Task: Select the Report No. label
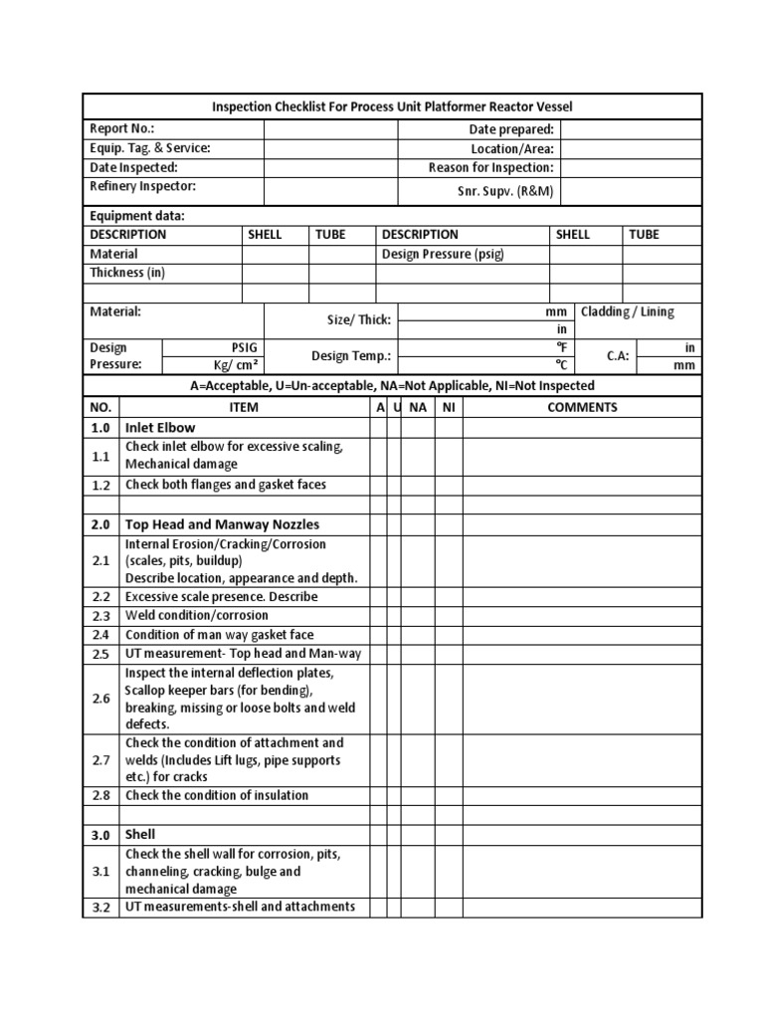coord(122,129)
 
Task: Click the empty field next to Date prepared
coord(631,129)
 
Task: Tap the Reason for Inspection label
coord(490,168)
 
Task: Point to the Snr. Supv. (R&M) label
coord(506,191)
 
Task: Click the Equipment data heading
coord(137,216)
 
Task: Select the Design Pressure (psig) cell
coord(444,254)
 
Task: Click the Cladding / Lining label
coord(627,311)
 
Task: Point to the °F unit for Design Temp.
coord(561,347)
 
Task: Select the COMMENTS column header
coord(582,407)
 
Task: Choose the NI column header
coord(448,407)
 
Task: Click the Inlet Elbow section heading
coord(160,428)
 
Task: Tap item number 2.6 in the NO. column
coord(100,699)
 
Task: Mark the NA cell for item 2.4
coord(418,635)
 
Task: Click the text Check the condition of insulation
coord(217,795)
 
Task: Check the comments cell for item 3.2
coord(582,908)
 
